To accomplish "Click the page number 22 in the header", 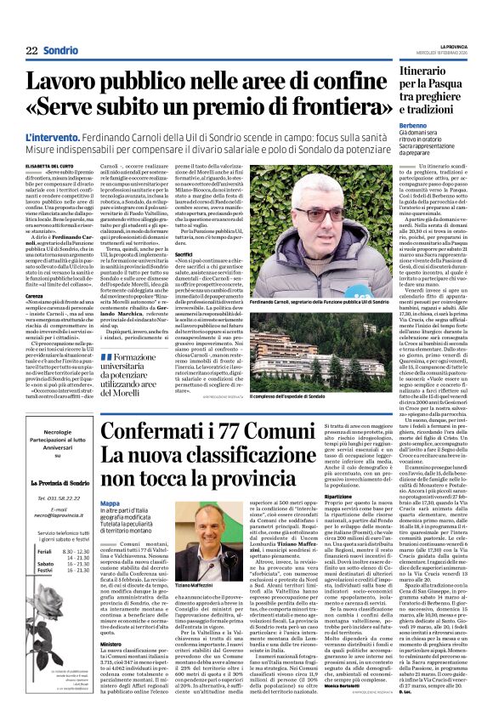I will click(31, 52).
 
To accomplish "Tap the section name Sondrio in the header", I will click(61, 52).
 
